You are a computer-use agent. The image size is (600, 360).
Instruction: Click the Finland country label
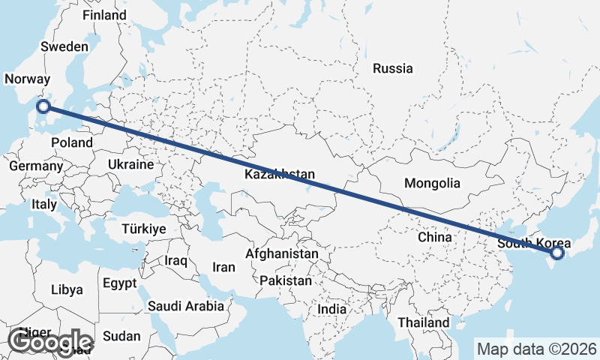[x=104, y=15]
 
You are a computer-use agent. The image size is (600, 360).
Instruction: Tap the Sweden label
[x=64, y=46]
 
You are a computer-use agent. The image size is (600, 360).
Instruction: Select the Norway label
[x=27, y=79]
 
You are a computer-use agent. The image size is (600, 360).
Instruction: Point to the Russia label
[x=392, y=68]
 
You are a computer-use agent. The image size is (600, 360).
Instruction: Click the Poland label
[x=72, y=142]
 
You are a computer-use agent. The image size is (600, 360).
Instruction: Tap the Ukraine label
[x=130, y=164]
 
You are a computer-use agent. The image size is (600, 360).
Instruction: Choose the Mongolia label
[x=431, y=183]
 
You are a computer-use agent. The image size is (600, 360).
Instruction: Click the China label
[x=435, y=237]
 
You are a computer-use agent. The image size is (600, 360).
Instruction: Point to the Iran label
[x=224, y=266]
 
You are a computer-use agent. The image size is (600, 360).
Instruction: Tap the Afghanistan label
[x=281, y=254]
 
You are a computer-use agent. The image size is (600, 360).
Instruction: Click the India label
[x=332, y=309]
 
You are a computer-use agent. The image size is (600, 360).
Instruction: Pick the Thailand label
[x=424, y=322]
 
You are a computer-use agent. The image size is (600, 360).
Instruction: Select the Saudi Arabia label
[x=185, y=306]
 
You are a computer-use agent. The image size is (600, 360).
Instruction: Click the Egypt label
[x=120, y=283]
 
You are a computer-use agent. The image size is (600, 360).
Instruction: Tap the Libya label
[x=67, y=289]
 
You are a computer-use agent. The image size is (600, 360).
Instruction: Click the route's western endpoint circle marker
[x=43, y=106]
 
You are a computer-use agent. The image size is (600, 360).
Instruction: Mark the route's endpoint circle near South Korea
[x=556, y=253]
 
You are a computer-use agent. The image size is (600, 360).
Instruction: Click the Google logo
[x=49, y=343]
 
